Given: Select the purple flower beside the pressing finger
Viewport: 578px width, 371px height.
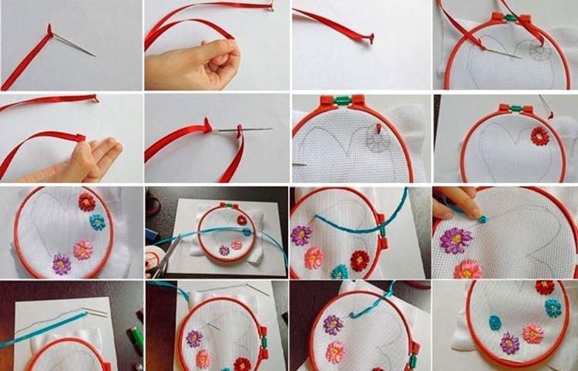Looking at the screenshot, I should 455,240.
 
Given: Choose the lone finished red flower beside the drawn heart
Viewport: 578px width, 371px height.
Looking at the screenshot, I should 539,137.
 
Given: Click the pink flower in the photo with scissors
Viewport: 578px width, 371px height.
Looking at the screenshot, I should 237,245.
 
